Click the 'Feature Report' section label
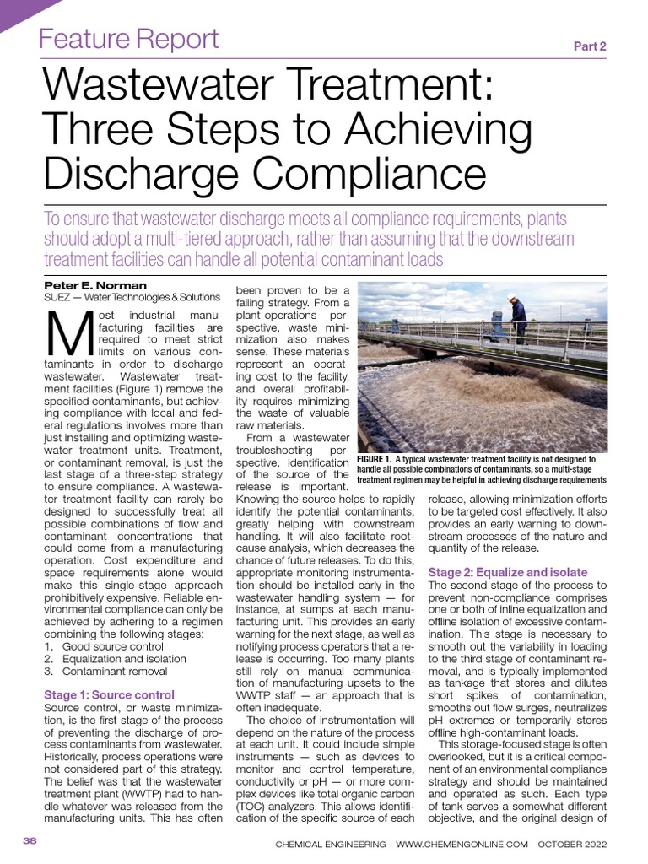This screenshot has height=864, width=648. (130, 39)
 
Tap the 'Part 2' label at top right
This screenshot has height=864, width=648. (590, 46)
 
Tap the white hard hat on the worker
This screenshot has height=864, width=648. (512, 298)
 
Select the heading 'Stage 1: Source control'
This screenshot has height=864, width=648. (109, 694)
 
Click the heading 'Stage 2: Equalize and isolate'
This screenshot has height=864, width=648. (508, 572)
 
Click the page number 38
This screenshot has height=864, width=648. (30, 841)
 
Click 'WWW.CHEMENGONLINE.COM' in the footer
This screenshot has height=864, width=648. (462, 844)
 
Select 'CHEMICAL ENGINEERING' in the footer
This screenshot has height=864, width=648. (331, 844)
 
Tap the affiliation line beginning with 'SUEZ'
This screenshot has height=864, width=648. (132, 297)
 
